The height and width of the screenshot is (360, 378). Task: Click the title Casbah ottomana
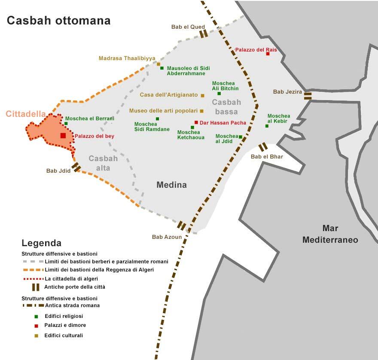(58, 21)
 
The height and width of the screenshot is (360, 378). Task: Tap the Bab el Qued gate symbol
(204, 34)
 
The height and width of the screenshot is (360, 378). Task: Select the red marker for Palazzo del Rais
(268, 54)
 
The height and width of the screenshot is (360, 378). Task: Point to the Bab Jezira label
(287, 92)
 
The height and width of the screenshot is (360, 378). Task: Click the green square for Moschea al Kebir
(267, 126)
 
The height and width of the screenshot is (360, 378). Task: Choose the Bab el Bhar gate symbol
(263, 147)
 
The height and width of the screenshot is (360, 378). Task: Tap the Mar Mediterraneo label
(330, 234)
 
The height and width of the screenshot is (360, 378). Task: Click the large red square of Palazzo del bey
(63, 135)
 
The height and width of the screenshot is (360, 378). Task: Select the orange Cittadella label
(26, 114)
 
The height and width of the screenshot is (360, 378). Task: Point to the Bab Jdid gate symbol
(76, 167)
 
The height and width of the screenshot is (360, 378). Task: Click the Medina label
(171, 185)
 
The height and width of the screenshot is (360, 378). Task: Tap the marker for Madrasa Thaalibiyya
(159, 64)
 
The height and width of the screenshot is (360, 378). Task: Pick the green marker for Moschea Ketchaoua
(192, 127)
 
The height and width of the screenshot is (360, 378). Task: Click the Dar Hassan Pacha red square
(196, 122)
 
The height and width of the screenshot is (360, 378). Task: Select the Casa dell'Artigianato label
(169, 95)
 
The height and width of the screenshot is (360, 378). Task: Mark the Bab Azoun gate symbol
(182, 226)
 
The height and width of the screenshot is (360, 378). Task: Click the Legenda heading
(41, 243)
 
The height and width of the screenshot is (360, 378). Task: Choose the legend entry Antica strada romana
(72, 305)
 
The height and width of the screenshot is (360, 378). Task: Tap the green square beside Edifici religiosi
(37, 316)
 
